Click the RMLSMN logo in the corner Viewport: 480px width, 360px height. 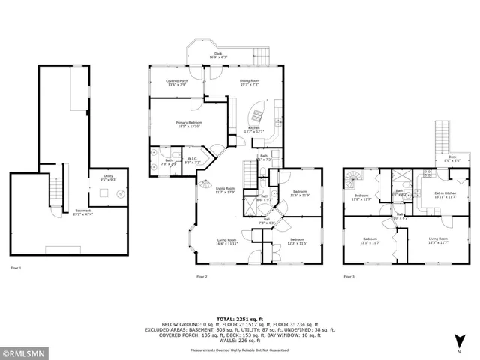click(25, 352)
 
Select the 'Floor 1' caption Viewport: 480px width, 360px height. click(16, 268)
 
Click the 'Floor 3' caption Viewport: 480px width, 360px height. click(349, 276)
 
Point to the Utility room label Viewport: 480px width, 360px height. click(108, 177)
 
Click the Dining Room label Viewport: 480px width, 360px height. click(250, 82)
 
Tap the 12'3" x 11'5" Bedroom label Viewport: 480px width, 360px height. click(298, 241)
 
